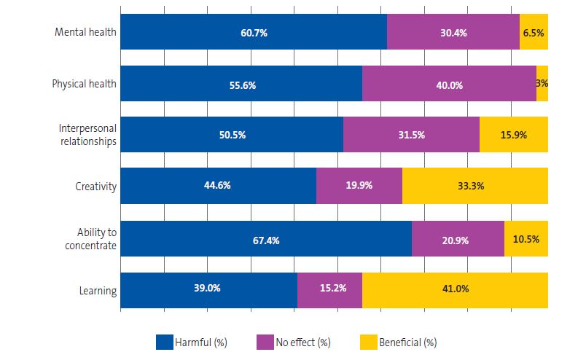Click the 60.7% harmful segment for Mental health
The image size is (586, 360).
[253, 32]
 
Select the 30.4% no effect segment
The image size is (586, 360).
[453, 32]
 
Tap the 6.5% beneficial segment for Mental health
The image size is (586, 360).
[534, 32]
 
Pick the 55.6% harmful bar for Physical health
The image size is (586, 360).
[241, 84]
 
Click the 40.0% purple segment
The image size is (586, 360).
[449, 84]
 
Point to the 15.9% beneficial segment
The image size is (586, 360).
[514, 135]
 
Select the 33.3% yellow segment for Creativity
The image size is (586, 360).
[474, 185]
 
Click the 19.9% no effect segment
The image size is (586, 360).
[359, 185]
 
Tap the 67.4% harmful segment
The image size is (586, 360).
[265, 239]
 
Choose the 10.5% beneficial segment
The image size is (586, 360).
[526, 239]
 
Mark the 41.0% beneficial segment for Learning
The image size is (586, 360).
[455, 289]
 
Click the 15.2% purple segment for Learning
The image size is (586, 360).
[329, 289]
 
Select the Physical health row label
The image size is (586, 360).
[84, 84]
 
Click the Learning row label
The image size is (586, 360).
[98, 291]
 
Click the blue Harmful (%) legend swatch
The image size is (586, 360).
[164, 341]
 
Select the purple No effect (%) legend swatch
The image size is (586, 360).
[265, 341]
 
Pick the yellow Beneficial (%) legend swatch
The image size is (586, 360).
[368, 341]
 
